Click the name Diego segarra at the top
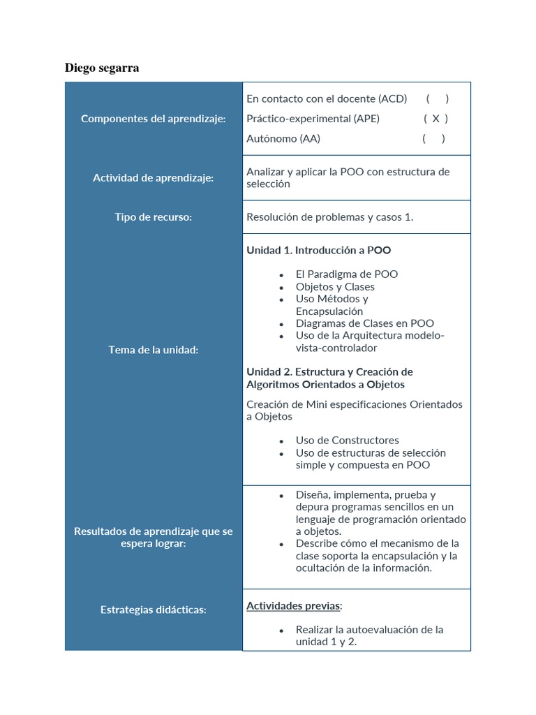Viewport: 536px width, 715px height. point(102,68)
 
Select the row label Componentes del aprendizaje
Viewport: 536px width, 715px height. point(154,119)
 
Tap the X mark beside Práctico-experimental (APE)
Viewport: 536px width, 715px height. point(435,119)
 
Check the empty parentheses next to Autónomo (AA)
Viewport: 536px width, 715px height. point(433,138)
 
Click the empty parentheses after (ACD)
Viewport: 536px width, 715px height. point(438,99)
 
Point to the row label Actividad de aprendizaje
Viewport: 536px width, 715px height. point(154,178)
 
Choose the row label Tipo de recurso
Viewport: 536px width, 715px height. point(154,217)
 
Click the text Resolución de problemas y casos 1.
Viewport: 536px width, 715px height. point(330,217)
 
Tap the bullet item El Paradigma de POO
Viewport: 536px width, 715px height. point(347,274)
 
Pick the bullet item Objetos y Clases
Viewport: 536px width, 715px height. point(335,287)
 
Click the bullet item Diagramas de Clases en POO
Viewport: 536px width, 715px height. point(365,323)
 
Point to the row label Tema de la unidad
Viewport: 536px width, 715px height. point(154,350)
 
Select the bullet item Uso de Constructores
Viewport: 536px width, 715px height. point(348,441)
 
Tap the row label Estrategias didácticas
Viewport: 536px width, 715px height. point(154,610)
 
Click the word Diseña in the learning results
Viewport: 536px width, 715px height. point(313,495)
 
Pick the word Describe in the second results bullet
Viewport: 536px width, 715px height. point(319,543)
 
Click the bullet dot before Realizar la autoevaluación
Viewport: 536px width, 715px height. point(281,631)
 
